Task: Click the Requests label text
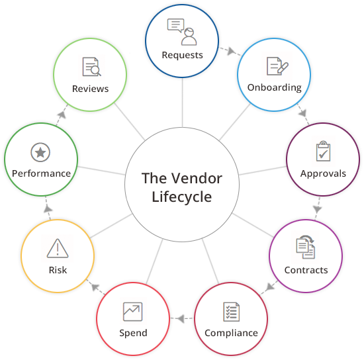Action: click(x=182, y=55)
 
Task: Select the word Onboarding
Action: click(x=274, y=87)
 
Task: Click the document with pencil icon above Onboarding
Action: click(x=275, y=66)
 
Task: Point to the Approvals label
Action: click(x=323, y=173)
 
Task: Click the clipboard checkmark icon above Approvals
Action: click(x=323, y=152)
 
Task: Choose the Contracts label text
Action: click(x=306, y=270)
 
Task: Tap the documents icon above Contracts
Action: click(x=305, y=247)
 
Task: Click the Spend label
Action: click(x=132, y=332)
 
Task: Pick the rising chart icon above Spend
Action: click(x=132, y=310)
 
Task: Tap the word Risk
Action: click(x=58, y=270)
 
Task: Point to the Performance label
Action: click(x=41, y=173)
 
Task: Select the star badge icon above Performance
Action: click(x=40, y=152)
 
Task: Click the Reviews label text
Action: click(x=90, y=88)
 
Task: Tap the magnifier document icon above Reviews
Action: click(x=91, y=66)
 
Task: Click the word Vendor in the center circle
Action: click(x=198, y=179)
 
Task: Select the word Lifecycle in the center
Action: click(x=182, y=197)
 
